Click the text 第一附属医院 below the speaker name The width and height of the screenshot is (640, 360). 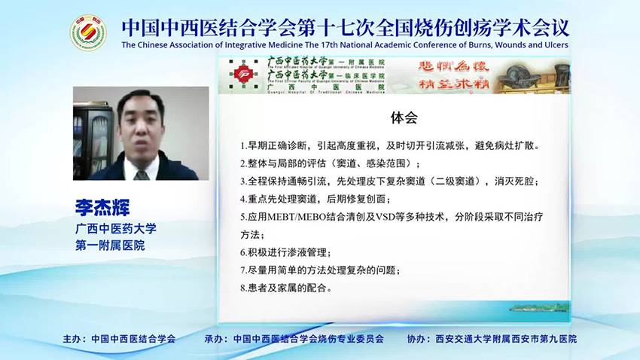pos(110,246)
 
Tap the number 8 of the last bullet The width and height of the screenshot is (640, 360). pos(242,288)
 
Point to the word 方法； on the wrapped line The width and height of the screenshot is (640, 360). pos(256,234)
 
